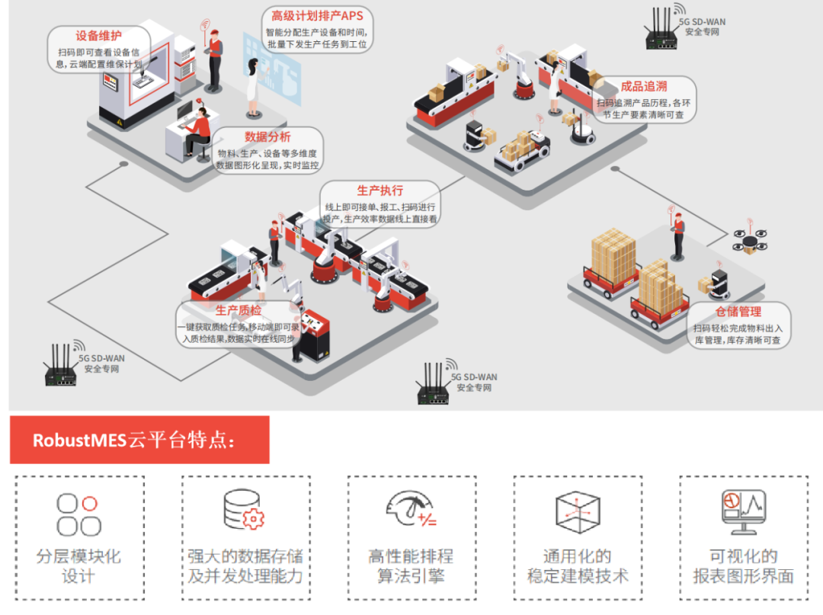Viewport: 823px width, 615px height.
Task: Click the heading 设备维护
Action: pos(99,36)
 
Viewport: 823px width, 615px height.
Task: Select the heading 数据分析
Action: pos(267,137)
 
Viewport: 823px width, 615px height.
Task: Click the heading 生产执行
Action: pos(379,191)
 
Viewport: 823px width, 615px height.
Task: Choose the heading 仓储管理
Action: pos(738,312)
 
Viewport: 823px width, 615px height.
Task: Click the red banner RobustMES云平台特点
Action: pos(139,440)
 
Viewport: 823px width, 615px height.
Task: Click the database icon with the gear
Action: pos(244,511)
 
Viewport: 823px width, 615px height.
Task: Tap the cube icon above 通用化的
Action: pos(577,511)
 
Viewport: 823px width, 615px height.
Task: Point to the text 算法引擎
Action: pos(411,576)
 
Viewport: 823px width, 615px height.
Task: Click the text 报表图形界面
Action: pos(743,576)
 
